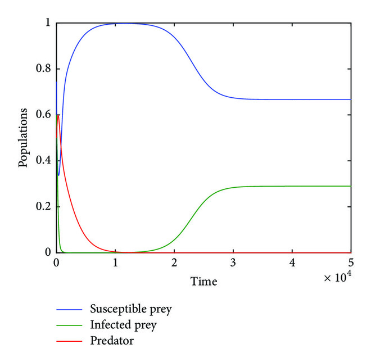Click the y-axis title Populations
click(24, 138)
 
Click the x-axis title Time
click(203, 281)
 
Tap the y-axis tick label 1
click(48, 23)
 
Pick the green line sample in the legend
click(70, 325)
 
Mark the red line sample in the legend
click(70, 341)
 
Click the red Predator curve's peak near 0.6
click(58, 115)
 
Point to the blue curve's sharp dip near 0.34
click(58, 175)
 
